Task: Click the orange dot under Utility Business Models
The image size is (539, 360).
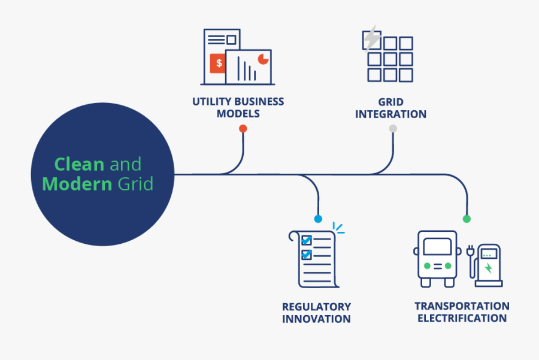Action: tap(243, 128)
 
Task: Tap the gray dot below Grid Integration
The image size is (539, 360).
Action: tap(393, 128)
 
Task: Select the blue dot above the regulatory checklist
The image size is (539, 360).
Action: tap(318, 219)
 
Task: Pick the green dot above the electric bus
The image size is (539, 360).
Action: tap(467, 219)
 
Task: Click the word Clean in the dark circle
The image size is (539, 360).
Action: tap(79, 164)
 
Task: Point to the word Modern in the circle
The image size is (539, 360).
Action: tap(77, 183)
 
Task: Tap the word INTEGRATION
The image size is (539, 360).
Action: tap(390, 114)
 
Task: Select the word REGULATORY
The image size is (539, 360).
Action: tap(316, 307)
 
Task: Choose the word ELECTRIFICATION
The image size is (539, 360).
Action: tap(462, 318)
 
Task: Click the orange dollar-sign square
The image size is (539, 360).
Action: tap(219, 63)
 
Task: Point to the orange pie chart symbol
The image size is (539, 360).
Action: tap(262, 58)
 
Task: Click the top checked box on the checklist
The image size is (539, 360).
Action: tap(307, 240)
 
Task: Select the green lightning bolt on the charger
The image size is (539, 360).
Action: tap(489, 268)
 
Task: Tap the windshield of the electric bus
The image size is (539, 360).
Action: tap(437, 246)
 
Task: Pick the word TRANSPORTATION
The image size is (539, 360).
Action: tap(462, 306)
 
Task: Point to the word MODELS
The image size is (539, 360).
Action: tap(238, 114)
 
